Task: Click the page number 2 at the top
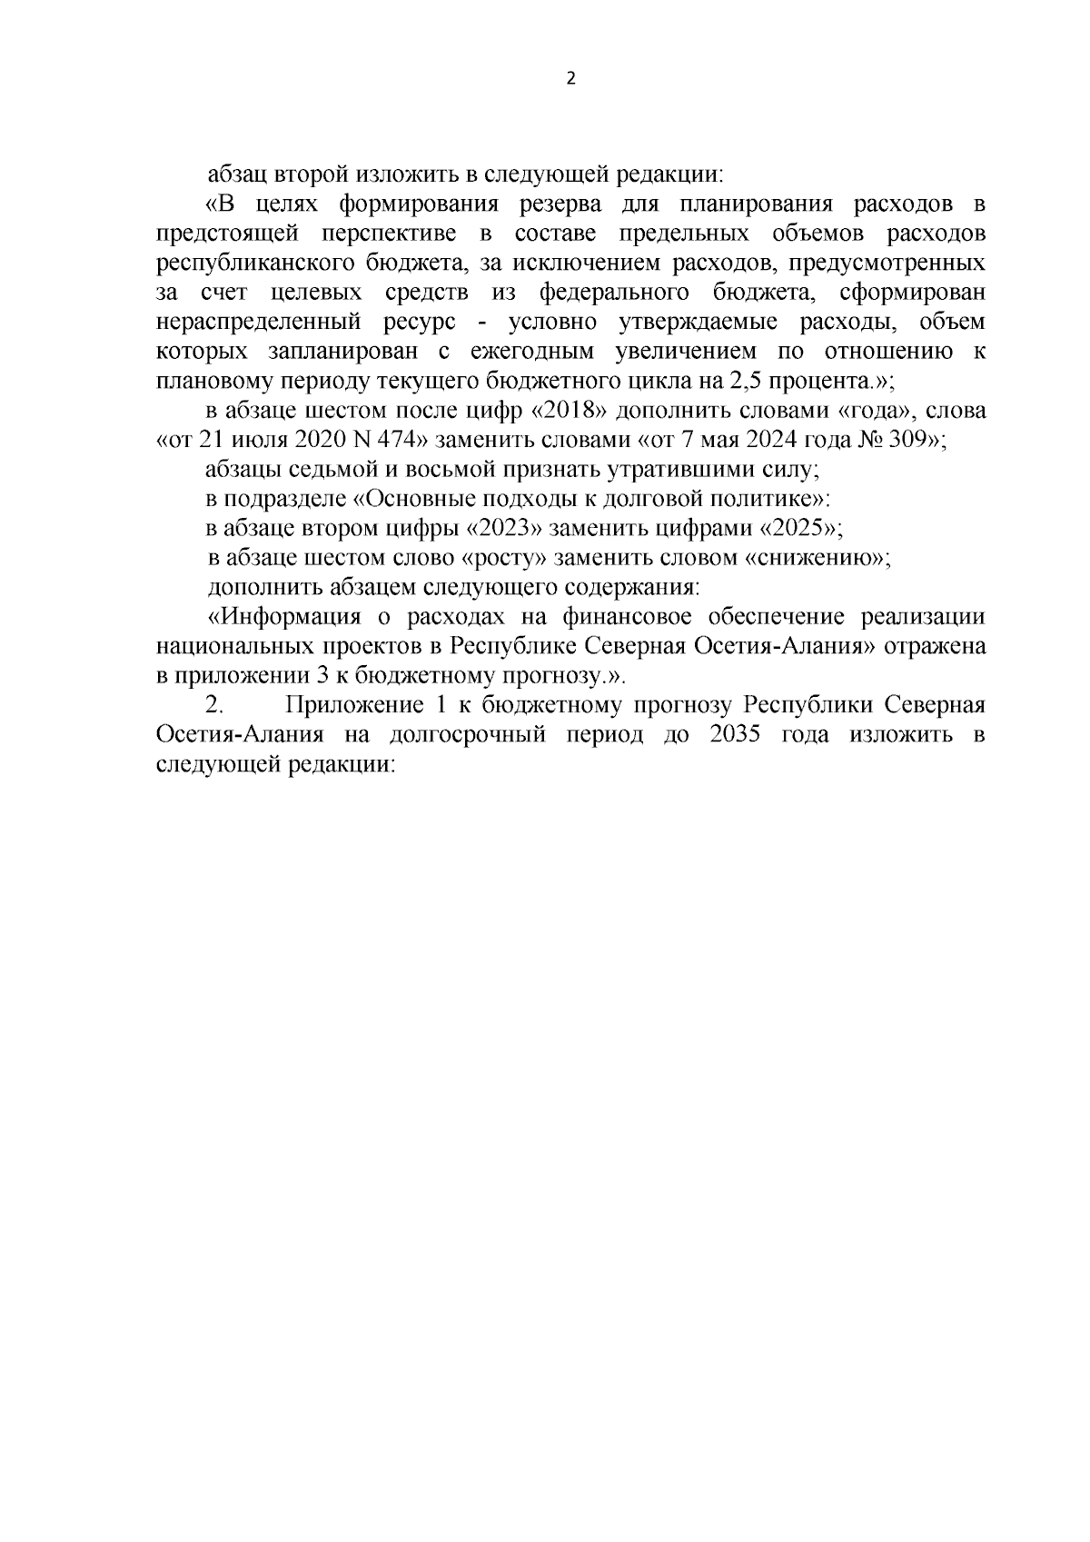(x=570, y=79)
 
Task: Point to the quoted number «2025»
(x=797, y=528)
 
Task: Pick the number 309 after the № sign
(x=916, y=441)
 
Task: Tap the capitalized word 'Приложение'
(x=348, y=705)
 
